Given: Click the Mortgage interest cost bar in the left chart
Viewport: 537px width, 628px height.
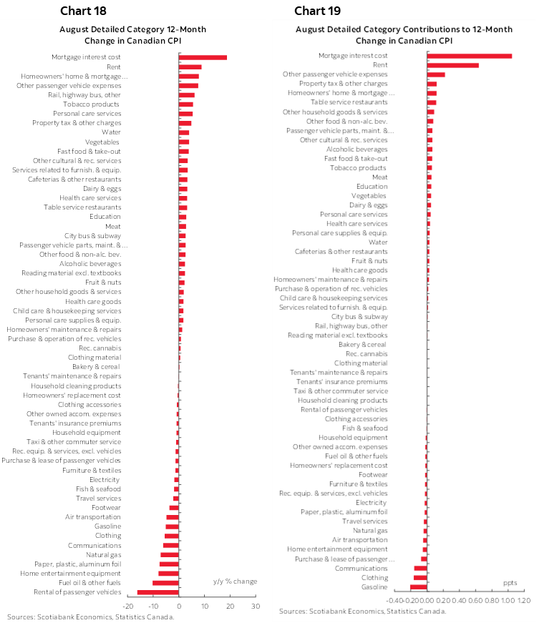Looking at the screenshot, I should click(203, 57).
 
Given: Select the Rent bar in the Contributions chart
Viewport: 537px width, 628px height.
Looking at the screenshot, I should click(453, 65).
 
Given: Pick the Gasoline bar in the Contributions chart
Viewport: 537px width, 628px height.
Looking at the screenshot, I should click(418, 587).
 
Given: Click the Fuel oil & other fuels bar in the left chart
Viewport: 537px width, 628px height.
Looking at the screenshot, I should click(165, 583).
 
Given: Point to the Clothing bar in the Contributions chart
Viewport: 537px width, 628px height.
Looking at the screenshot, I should click(420, 578).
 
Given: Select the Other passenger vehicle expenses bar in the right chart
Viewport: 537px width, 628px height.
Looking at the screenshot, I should click(435, 74).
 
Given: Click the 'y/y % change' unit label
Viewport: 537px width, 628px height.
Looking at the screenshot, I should click(235, 582).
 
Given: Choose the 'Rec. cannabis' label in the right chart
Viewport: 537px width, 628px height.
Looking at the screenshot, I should click(367, 353).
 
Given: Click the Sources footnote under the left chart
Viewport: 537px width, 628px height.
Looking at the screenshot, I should click(90, 617).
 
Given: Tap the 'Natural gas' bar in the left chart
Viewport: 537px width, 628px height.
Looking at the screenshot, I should click(170, 555).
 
